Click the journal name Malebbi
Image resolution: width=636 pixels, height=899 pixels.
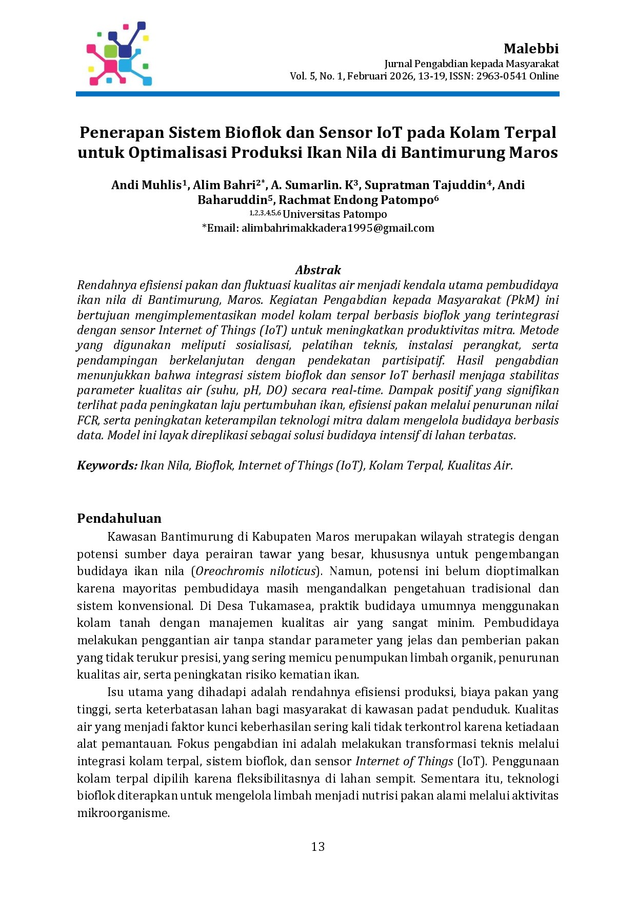531,49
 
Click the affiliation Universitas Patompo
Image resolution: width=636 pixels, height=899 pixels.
334,214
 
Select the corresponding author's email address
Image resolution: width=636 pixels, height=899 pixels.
337,228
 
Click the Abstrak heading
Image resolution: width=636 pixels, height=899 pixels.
318,270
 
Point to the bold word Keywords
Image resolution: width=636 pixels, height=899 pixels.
107,465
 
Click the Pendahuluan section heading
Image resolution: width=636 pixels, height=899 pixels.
119,518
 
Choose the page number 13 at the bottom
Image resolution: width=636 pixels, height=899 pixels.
318,847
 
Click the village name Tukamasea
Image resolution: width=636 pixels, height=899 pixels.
280,606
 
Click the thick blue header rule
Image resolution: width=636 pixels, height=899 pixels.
317,94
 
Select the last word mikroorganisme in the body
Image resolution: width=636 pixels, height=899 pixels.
123,813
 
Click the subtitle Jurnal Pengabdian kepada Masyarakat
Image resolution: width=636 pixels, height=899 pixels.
471,64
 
